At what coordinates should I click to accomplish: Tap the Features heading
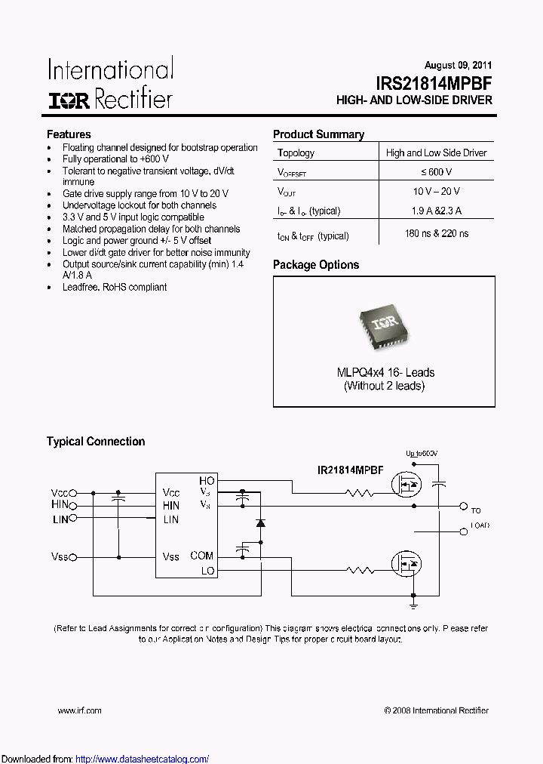point(69,134)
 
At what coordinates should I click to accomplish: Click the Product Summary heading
point(318,134)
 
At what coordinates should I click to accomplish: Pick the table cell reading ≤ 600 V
point(437,172)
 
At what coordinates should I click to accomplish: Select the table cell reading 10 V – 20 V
point(437,192)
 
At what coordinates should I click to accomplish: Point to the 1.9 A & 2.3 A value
point(437,211)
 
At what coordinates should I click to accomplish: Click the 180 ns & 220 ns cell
point(437,234)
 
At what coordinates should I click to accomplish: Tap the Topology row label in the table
point(296,152)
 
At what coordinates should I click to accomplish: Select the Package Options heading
point(316,265)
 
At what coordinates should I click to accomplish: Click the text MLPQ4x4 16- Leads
point(385,372)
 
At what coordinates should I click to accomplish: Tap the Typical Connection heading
point(96,442)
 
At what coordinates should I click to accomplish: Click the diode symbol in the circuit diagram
point(260,522)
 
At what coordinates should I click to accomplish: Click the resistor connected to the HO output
point(359,494)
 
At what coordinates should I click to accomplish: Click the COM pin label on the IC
point(202,556)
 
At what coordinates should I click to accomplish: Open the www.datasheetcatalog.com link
point(143,759)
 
